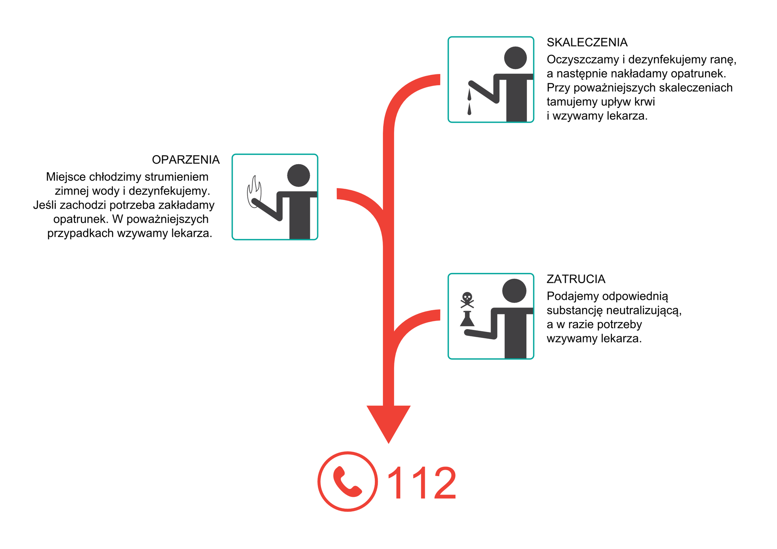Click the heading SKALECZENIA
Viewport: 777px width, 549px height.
tap(587, 42)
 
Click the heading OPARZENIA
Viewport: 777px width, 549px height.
tap(186, 160)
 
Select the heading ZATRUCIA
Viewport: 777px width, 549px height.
tap(576, 279)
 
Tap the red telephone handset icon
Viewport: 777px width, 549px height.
tap(347, 481)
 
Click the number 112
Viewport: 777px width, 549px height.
tap(422, 483)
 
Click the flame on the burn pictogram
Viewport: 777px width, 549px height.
tap(254, 192)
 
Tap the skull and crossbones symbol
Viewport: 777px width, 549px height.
tap(467, 300)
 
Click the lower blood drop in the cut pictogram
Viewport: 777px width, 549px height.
tap(469, 109)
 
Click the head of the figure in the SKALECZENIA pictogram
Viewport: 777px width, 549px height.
tap(515, 58)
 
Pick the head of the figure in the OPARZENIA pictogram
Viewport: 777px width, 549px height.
tap(299, 175)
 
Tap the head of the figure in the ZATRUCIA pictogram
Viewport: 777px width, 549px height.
tap(514, 291)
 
